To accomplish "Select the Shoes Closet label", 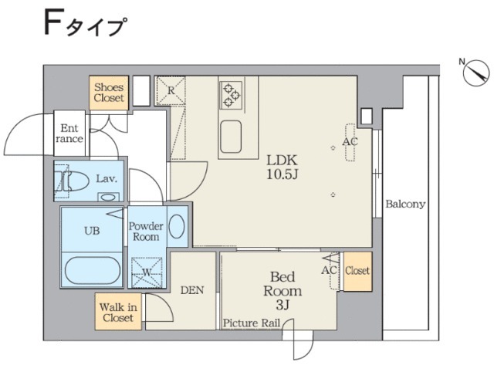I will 109,93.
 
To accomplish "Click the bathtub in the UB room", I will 91,271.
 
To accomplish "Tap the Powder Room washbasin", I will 177,227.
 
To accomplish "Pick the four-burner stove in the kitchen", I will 231,93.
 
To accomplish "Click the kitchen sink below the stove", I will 234,137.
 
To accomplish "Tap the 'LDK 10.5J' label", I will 282,166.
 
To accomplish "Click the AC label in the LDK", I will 350,143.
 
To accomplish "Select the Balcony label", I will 405,204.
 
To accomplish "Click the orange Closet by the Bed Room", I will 357,272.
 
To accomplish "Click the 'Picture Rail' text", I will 252,323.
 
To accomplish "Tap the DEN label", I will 191,291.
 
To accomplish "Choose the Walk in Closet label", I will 118,312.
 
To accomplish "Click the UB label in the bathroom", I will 91,230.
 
